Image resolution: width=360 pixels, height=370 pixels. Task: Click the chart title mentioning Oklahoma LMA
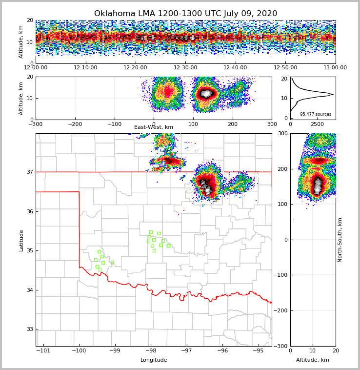click(185, 14)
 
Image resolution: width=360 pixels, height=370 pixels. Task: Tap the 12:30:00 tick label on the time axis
click(185, 68)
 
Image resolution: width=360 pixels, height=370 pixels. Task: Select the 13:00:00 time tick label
click(335, 68)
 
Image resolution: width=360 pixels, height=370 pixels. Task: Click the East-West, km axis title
click(154, 127)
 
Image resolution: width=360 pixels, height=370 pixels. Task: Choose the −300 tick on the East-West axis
click(35, 124)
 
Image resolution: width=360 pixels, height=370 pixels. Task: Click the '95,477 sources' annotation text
click(316, 114)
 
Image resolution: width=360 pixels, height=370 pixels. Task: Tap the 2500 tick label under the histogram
click(317, 124)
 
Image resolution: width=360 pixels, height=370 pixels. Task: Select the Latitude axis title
click(21, 240)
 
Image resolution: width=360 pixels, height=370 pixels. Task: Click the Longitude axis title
click(154, 360)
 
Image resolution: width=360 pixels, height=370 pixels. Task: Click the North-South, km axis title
click(340, 240)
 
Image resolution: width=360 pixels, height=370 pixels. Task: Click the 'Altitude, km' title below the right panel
click(313, 360)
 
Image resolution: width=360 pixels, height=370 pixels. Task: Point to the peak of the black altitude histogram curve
click(333, 94)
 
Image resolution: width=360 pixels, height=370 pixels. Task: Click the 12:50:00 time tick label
click(285, 68)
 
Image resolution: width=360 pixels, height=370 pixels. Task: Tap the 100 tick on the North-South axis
click(283, 204)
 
